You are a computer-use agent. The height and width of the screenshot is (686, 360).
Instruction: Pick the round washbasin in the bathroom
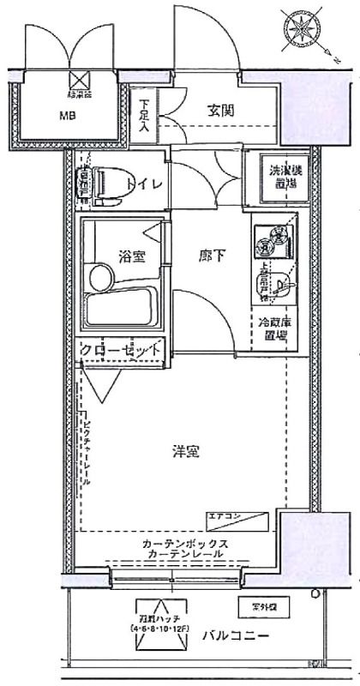point(100,278)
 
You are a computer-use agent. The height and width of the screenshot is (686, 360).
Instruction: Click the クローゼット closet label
point(121,350)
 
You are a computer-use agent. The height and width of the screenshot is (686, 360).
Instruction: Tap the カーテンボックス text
point(186,544)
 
